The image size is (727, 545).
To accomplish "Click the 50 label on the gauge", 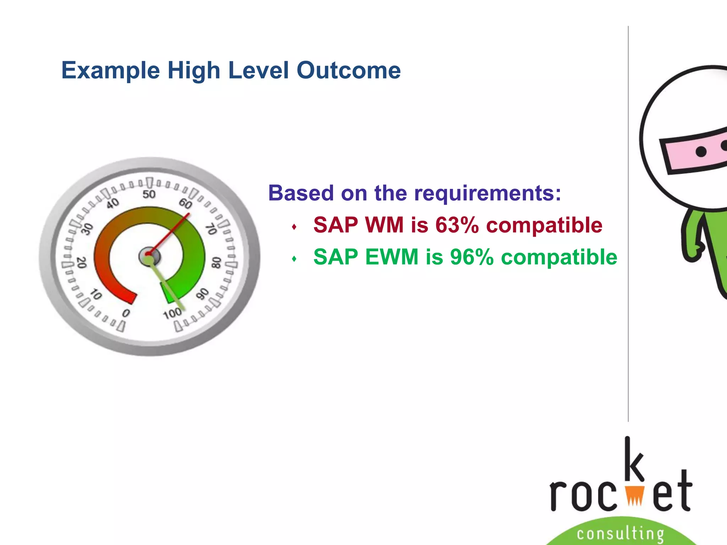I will click(x=149, y=194).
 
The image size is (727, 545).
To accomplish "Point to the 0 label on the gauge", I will click(x=126, y=313).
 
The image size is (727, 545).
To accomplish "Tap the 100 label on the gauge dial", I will click(x=173, y=314).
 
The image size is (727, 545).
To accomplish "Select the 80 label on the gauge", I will click(x=216, y=263).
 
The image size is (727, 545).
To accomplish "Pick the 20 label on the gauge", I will click(x=82, y=263).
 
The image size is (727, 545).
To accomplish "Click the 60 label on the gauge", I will click(x=185, y=204).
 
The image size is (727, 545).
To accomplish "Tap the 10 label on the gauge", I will click(x=96, y=294).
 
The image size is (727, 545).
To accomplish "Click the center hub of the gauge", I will click(x=149, y=256).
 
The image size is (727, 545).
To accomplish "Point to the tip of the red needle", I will click(x=189, y=214).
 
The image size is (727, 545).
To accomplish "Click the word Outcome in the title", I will click(x=349, y=70).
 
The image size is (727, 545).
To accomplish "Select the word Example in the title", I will click(x=111, y=70).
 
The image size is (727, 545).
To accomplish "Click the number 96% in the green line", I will click(x=472, y=257).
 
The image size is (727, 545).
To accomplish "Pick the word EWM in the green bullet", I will click(x=392, y=257).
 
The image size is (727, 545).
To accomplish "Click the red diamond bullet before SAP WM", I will click(x=294, y=227).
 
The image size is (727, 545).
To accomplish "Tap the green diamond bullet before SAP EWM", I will click(x=294, y=259).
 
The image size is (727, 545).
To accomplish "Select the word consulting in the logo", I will click(x=620, y=533).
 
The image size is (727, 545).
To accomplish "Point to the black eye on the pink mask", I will click(x=701, y=152).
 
